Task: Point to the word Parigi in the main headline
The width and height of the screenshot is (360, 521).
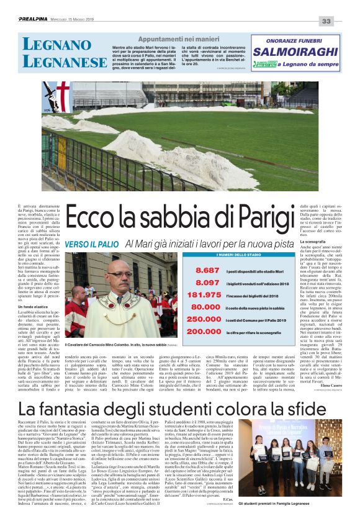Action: (274, 221)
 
